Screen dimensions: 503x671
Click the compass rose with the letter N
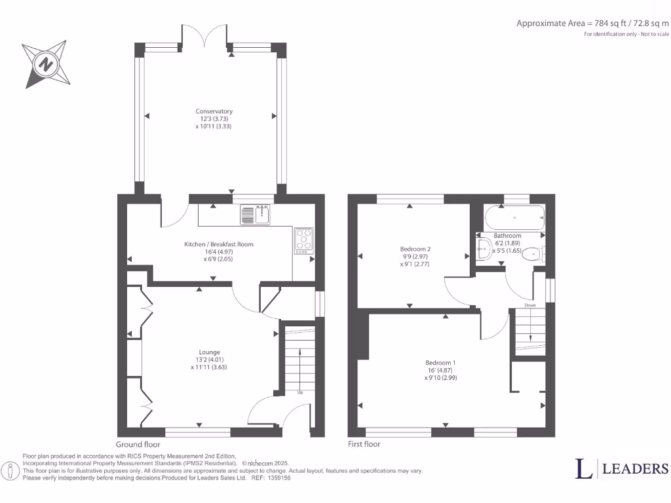click(x=45, y=64)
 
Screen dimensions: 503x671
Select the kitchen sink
click(x=256, y=214)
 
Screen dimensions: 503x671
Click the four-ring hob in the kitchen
click(x=303, y=240)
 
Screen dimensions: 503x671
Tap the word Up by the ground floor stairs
click(x=300, y=393)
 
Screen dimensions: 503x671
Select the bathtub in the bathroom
click(x=514, y=217)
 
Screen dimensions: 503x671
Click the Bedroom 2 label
click(x=415, y=249)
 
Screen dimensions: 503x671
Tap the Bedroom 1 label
click(x=440, y=363)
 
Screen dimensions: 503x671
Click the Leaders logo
click(x=622, y=468)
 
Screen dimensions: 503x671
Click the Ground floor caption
click(x=138, y=444)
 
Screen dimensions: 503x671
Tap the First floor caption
click(x=364, y=444)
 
